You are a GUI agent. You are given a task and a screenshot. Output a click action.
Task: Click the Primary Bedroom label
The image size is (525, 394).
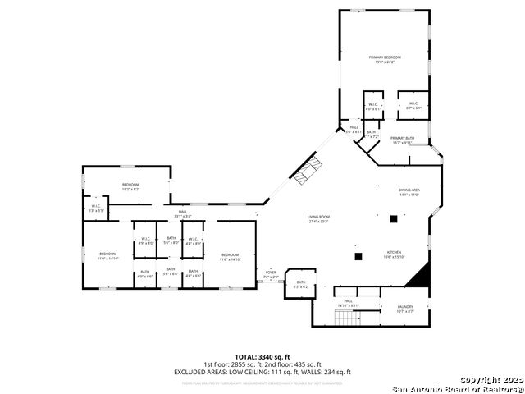[x=385, y=57]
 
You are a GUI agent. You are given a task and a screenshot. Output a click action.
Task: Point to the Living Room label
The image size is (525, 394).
[x=318, y=218]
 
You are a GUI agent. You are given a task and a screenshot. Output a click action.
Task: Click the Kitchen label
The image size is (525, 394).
[x=395, y=253]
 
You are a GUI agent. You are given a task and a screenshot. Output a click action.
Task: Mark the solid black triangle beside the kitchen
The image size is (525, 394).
[x=420, y=276]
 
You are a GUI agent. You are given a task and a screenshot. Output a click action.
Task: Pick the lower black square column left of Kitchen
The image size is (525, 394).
[x=358, y=256]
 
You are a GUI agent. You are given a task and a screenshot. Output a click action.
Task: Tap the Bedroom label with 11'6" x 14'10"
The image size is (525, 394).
[x=230, y=255]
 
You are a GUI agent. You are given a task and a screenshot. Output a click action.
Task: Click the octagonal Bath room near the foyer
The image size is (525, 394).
[x=301, y=283]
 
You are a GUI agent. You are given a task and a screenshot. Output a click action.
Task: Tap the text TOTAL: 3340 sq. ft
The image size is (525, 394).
[x=262, y=356]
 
